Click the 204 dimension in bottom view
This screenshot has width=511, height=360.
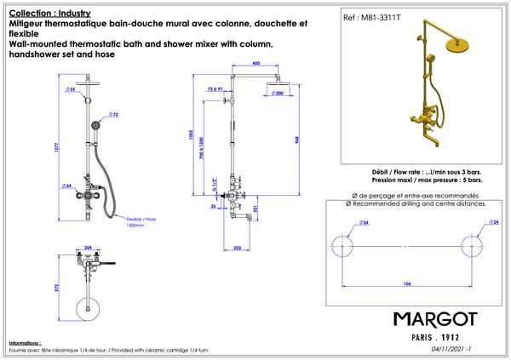pos(87,249)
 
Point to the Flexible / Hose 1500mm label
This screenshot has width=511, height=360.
pos(141,220)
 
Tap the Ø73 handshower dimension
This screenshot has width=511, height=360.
pos(113,113)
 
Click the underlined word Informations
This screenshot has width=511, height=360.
pos(24,342)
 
